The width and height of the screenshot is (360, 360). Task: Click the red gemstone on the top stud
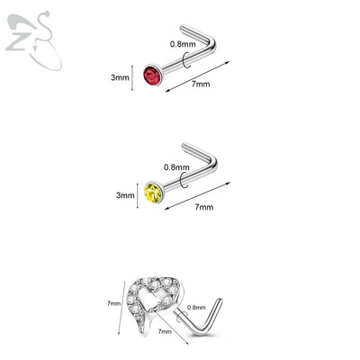tap(153, 74)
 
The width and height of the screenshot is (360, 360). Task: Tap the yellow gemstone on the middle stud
tap(153, 193)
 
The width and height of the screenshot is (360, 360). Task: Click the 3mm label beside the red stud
tap(120, 77)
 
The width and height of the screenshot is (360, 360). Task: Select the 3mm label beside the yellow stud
tap(125, 195)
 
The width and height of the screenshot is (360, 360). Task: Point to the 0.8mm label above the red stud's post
tap(183, 44)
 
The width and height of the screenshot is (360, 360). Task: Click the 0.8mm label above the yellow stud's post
tap(176, 167)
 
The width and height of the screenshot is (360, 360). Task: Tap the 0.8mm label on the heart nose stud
tap(196, 307)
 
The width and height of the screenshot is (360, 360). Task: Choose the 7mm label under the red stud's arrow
tap(201, 84)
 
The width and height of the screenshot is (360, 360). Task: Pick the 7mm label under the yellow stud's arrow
tap(204, 207)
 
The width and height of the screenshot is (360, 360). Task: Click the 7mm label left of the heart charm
tap(113, 303)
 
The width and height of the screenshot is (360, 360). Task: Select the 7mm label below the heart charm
tap(165, 331)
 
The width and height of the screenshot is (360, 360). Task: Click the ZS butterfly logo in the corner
tap(33, 40)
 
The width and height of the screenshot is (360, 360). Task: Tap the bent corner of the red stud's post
tap(212, 45)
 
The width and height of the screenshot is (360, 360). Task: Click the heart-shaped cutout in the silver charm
tap(148, 297)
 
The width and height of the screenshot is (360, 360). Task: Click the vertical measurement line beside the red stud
tap(132, 77)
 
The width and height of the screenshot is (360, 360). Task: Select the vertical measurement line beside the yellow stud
tap(138, 195)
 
